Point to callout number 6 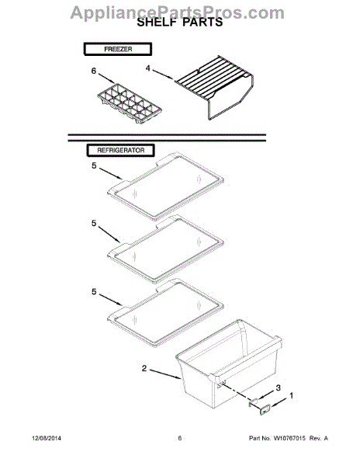(94, 71)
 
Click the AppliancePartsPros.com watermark (180, 11)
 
